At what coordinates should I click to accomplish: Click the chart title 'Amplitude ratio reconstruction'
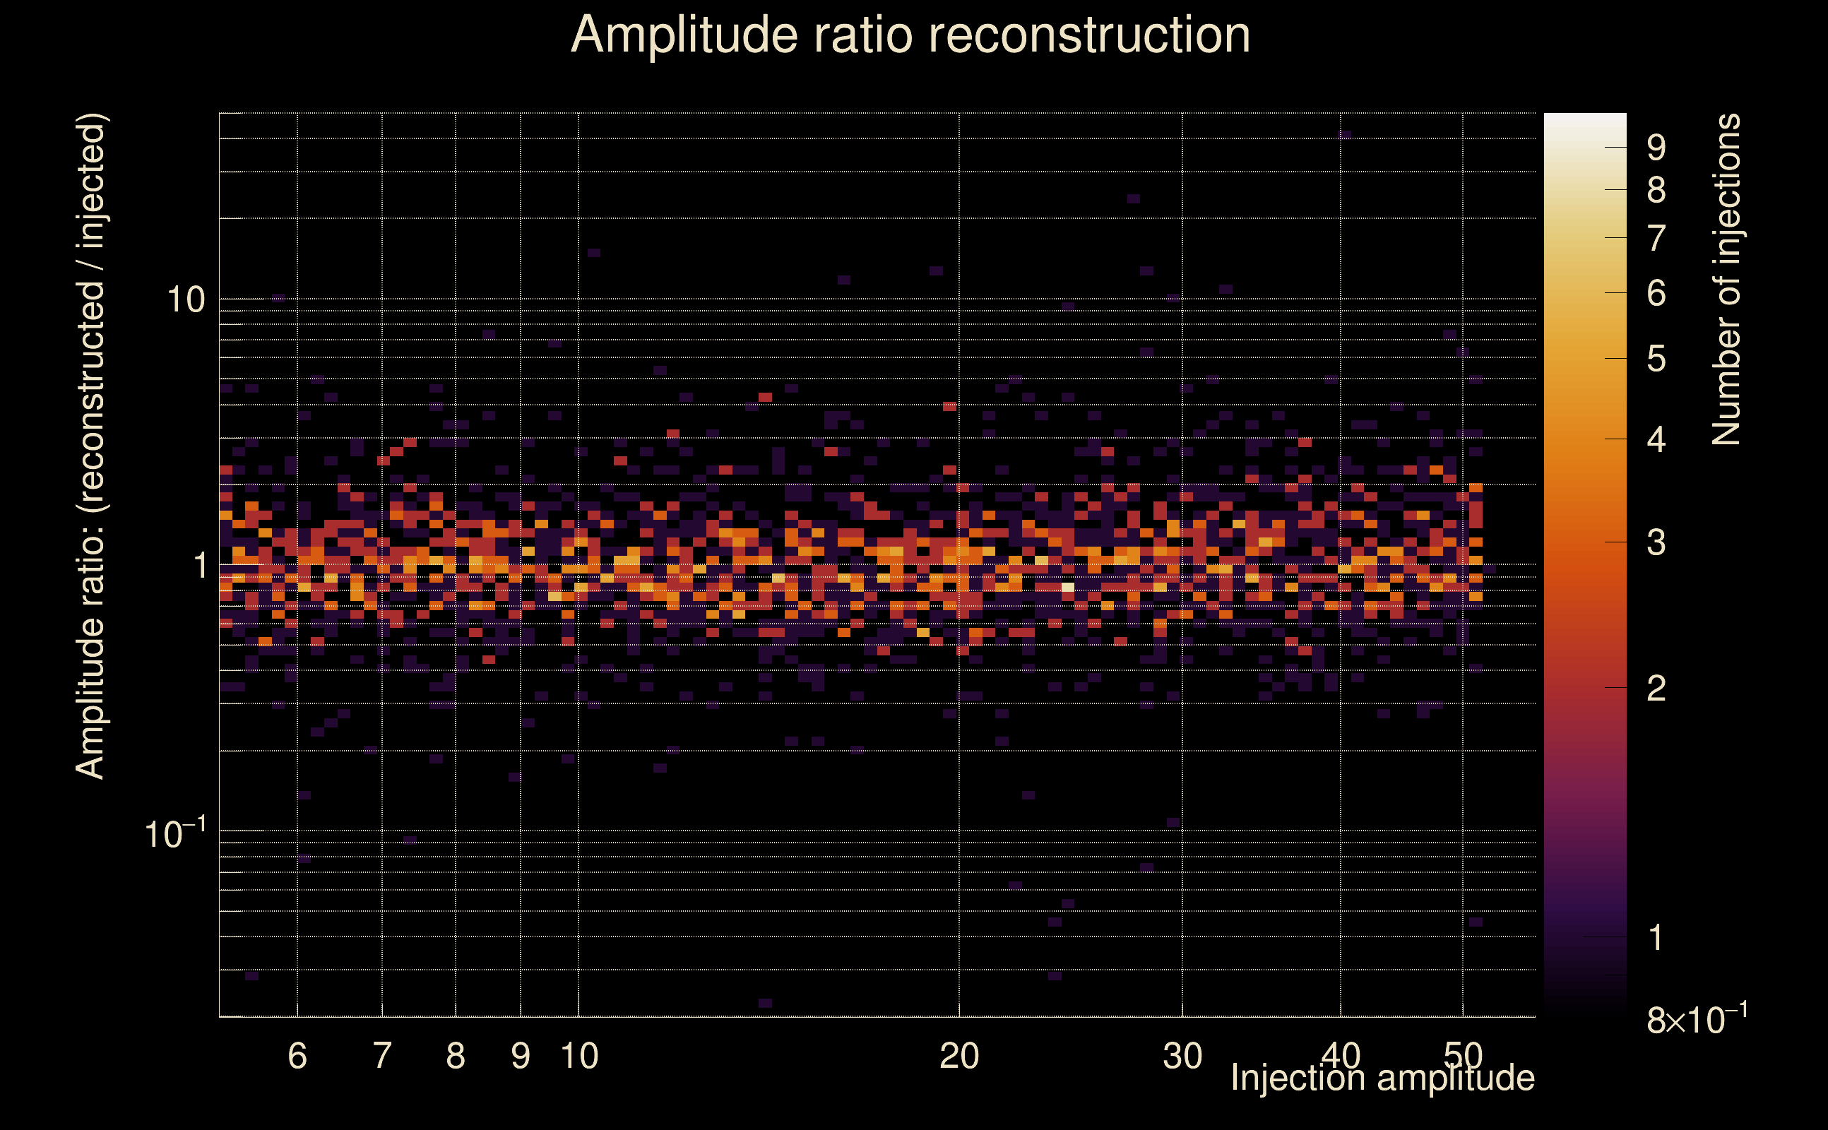click(x=910, y=35)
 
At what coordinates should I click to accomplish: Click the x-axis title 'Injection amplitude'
click(x=1382, y=1078)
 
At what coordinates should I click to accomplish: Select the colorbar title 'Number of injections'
click(x=1726, y=280)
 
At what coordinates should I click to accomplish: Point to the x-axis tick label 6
click(x=297, y=1056)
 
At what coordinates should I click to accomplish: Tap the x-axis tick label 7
click(x=382, y=1056)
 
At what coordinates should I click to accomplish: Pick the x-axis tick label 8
click(x=456, y=1056)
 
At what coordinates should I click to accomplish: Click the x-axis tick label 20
click(x=958, y=1056)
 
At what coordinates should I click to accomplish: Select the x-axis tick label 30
click(x=1182, y=1056)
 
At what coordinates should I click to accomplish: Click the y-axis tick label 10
click(x=185, y=299)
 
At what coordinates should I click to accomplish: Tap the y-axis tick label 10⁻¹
click(x=175, y=833)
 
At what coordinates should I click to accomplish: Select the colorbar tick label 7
click(x=1656, y=239)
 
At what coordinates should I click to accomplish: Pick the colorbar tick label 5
click(x=1656, y=359)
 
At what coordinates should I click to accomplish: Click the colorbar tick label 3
click(x=1656, y=542)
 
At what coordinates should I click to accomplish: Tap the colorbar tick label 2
click(x=1656, y=688)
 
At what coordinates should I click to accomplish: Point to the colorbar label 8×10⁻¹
click(x=1697, y=1018)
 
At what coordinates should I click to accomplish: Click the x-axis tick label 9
click(x=521, y=1056)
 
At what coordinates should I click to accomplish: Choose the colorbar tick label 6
click(x=1656, y=293)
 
